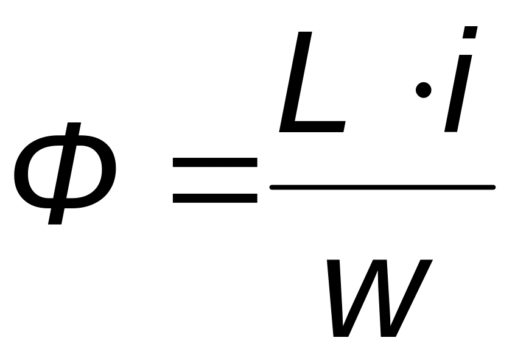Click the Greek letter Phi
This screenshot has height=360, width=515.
[65, 174]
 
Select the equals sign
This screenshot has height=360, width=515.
[214, 180]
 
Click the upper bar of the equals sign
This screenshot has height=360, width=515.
[214, 163]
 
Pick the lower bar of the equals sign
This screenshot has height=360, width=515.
[214, 198]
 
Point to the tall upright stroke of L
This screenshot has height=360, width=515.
[299, 79]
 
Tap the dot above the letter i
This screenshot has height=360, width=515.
[469, 33]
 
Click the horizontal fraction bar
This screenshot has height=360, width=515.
[382, 187]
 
